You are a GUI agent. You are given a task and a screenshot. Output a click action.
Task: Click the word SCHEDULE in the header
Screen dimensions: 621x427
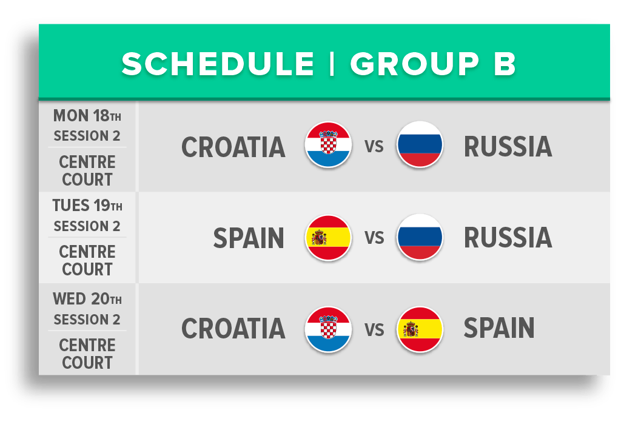[x=218, y=64]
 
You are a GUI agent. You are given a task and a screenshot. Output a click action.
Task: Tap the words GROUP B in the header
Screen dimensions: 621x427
[x=433, y=64]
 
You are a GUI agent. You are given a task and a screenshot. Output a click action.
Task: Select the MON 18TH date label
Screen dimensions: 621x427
[x=87, y=116]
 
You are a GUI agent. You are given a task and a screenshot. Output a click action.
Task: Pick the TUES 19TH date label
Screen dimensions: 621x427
[x=87, y=206]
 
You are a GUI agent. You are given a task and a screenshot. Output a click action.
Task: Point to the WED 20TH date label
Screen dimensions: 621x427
[x=87, y=299]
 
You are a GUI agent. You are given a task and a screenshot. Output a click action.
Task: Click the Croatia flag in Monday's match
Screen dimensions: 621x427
[x=328, y=145]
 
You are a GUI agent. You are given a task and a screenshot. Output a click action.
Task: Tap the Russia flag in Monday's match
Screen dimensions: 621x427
[x=420, y=145]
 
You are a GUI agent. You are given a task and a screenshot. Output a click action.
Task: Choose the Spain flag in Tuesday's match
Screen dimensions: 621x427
[x=328, y=238]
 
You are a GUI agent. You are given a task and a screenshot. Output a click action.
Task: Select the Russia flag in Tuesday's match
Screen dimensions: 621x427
[x=420, y=238]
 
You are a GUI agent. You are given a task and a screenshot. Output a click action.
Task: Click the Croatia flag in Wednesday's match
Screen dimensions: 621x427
[x=328, y=329]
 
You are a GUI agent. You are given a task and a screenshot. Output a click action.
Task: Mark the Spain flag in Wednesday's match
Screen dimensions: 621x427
[x=420, y=329]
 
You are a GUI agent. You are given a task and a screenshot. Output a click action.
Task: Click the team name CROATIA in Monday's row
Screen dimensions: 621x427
[x=233, y=147]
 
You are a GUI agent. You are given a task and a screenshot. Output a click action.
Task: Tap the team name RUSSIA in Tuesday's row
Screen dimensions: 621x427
[x=508, y=238]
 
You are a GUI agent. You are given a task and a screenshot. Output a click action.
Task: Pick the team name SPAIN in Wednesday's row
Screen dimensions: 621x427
[x=499, y=328]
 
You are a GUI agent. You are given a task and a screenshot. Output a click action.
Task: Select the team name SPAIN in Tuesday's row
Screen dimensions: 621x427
[x=249, y=238]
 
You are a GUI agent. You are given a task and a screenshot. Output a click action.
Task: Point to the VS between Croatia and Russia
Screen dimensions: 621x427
[x=374, y=147]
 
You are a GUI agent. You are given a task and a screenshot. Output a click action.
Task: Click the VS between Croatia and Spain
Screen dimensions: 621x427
[x=374, y=329]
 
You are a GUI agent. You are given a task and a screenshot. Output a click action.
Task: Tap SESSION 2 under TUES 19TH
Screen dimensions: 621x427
[x=87, y=226]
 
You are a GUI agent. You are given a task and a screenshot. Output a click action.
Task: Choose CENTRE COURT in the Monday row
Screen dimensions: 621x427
[x=87, y=170]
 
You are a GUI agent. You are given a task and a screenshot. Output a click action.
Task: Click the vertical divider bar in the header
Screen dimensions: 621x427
[x=332, y=64]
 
